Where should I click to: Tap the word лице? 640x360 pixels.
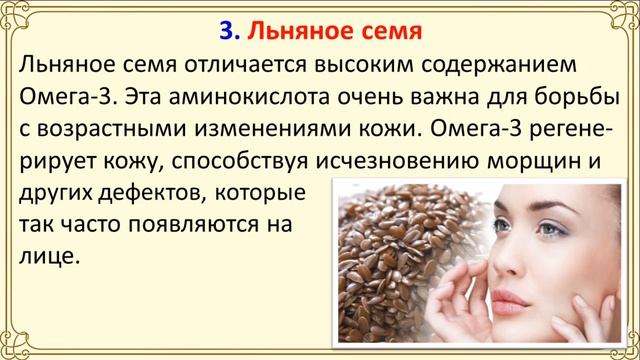tap(48, 256)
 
